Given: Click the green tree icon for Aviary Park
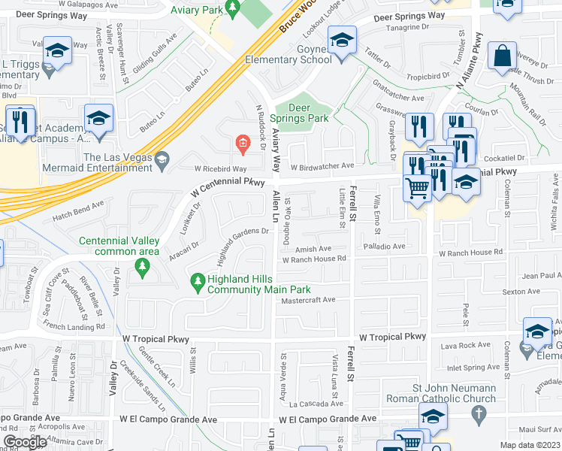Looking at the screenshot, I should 233,9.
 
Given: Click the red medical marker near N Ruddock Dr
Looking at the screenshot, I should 242,142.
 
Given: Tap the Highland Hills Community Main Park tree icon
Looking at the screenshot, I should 198,283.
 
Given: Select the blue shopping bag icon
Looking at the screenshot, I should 502,56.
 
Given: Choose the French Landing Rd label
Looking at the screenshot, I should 74,327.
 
